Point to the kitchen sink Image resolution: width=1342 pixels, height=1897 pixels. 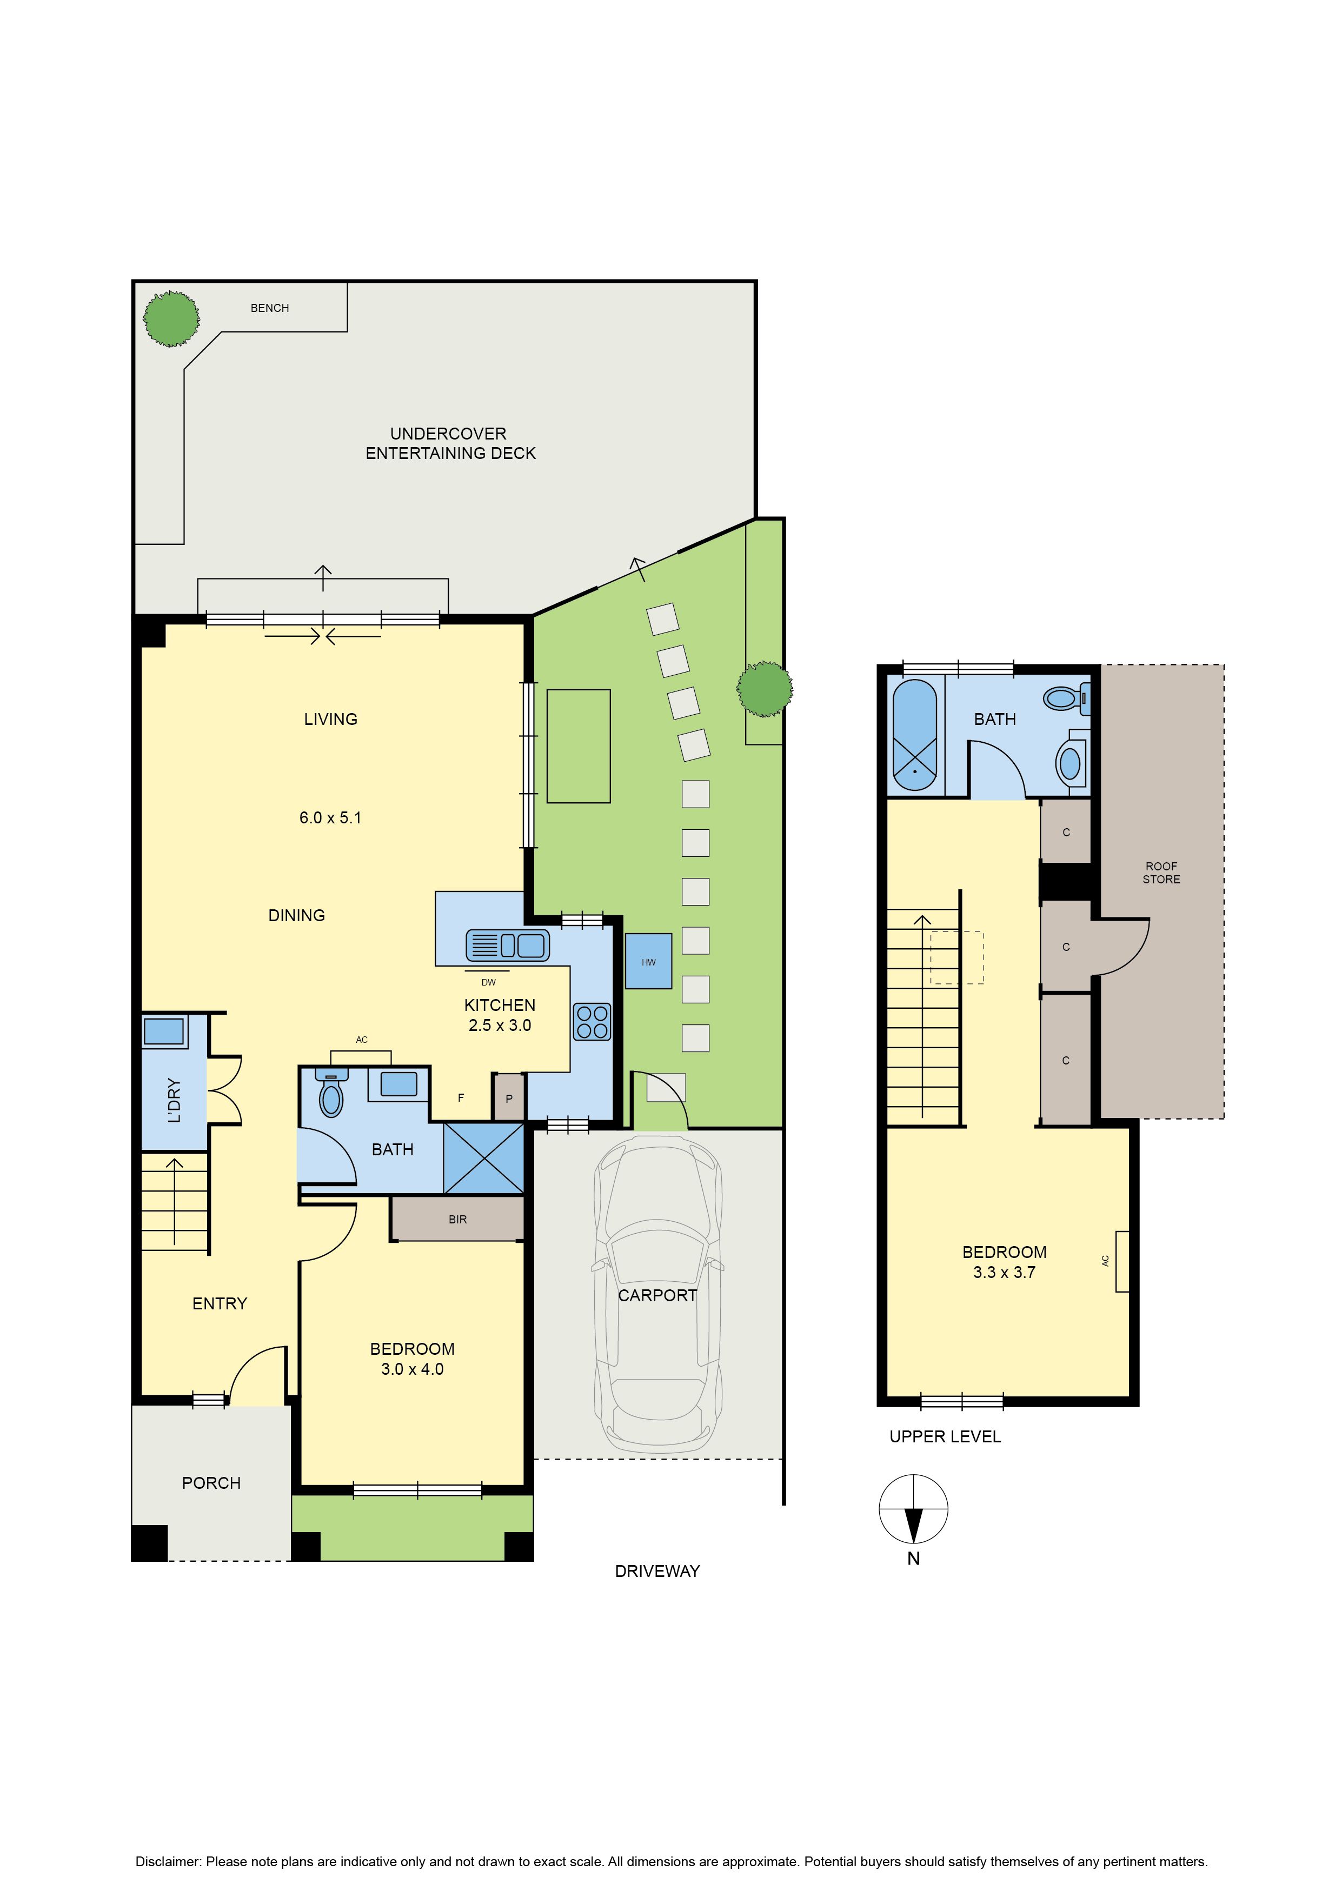tap(507, 945)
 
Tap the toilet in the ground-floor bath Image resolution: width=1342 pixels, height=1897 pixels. tap(331, 1093)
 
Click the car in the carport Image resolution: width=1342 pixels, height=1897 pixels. tap(658, 1295)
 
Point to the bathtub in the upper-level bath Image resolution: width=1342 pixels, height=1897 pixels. tap(915, 735)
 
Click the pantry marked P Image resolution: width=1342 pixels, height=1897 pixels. tap(509, 1098)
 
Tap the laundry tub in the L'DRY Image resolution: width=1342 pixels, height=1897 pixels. tap(164, 1031)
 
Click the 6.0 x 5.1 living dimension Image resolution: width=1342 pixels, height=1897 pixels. tap(330, 818)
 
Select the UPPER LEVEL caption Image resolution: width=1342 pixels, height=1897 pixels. tap(945, 1437)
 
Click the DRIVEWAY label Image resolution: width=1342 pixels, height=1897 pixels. tap(658, 1572)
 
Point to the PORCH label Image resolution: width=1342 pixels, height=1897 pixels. tap(211, 1483)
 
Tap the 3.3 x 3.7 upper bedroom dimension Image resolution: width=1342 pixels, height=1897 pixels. tap(1004, 1273)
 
